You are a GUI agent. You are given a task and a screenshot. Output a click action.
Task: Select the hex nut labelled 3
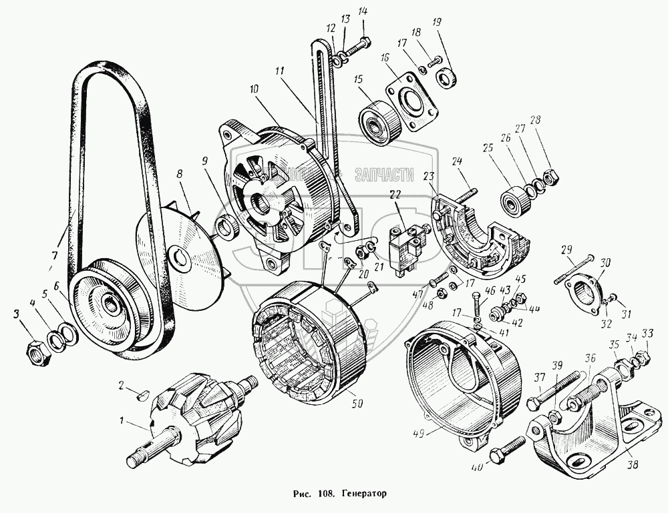pyautogui.click(x=39, y=348)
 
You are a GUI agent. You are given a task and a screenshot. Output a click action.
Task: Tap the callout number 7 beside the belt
pyautogui.click(x=53, y=255)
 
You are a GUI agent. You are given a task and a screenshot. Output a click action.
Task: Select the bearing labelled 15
pyautogui.click(x=379, y=121)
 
